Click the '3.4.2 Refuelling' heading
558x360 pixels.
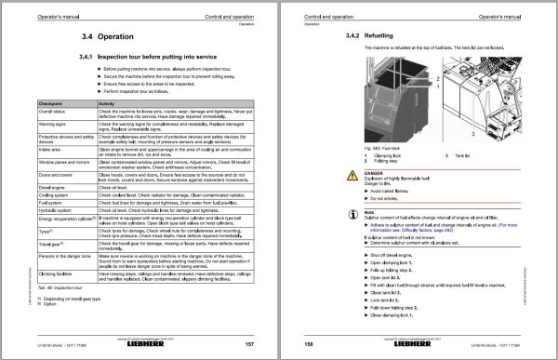pyautogui.click(x=357, y=35)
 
